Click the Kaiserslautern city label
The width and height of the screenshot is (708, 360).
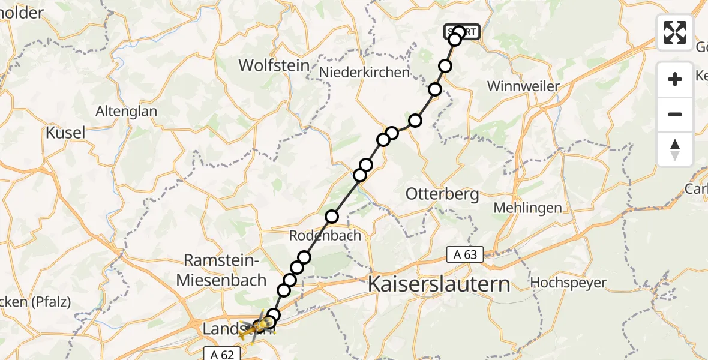439,283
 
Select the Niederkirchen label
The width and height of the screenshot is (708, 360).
364,73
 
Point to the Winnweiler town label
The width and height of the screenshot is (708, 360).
523,86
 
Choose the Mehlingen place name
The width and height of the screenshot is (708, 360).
527,208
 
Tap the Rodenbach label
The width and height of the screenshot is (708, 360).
325,235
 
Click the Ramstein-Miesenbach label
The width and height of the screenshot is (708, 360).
225,270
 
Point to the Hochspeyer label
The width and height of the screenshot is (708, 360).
568,283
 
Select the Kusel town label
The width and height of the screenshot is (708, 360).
66,133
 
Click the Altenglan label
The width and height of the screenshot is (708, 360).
126,111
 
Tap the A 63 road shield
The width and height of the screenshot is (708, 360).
465,255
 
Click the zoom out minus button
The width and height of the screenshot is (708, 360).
675,115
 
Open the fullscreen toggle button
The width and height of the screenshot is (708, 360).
675,32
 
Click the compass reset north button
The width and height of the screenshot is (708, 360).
675,149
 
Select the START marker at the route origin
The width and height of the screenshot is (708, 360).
462,32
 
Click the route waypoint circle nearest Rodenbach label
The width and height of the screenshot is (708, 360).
332,217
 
